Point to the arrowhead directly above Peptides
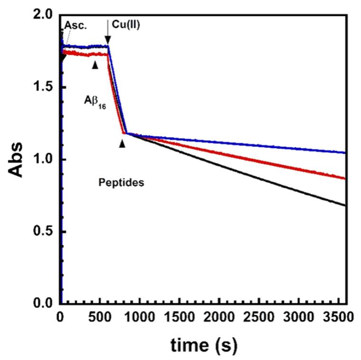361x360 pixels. pos(122,143)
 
